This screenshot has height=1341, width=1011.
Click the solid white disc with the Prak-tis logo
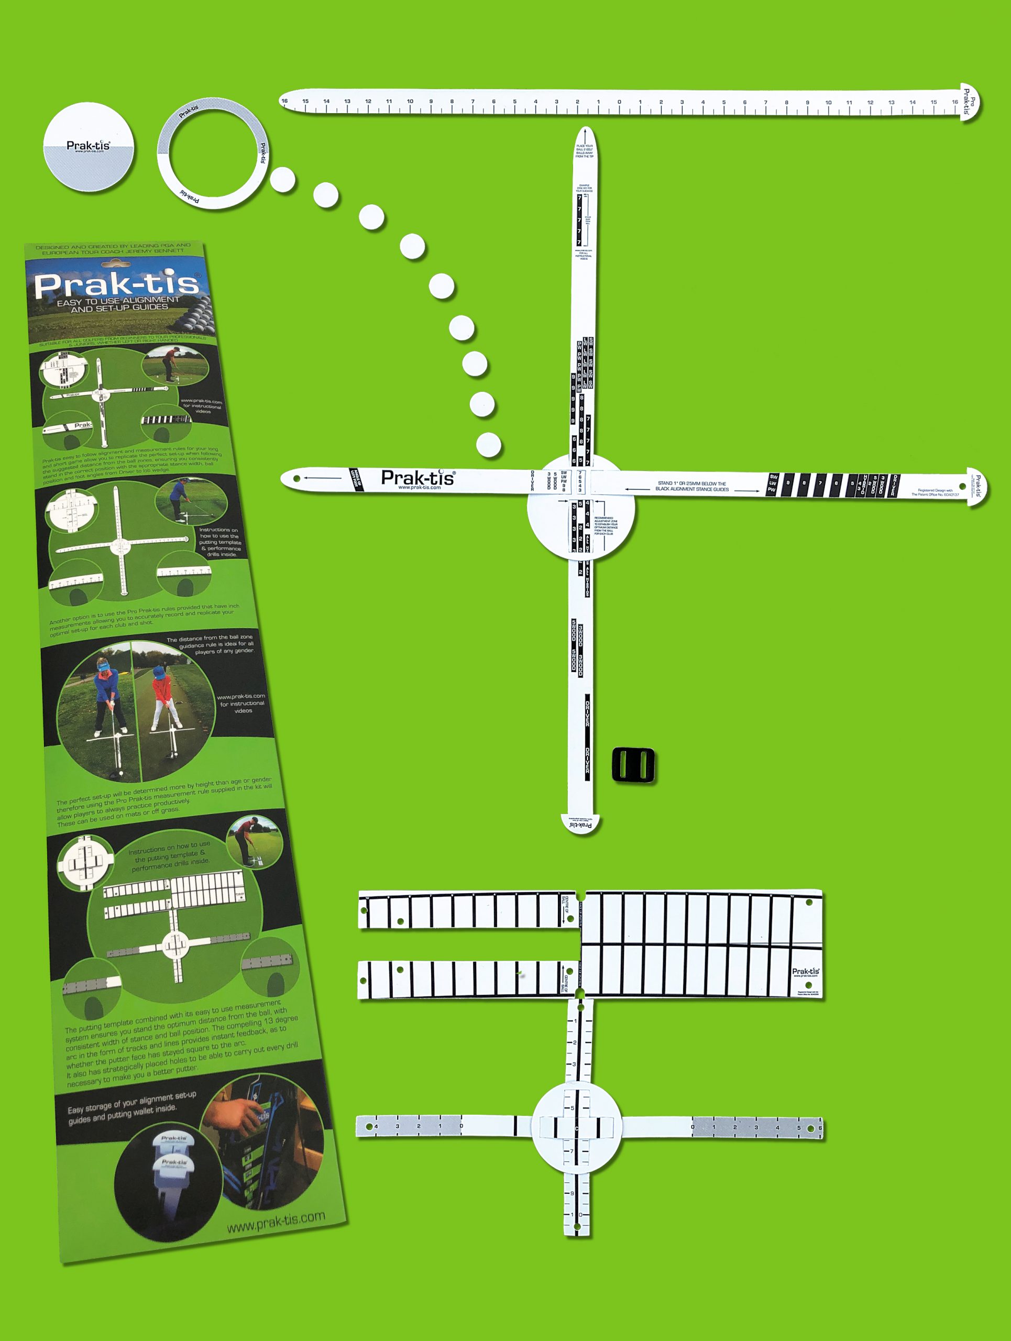(89, 147)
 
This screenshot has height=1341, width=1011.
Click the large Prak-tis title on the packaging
(116, 284)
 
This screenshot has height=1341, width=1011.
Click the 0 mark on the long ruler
(619, 103)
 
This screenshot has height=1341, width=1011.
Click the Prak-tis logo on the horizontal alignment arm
(417, 478)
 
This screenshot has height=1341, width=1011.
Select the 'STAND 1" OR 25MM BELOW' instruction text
(691, 486)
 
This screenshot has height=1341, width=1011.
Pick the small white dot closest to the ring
(282, 180)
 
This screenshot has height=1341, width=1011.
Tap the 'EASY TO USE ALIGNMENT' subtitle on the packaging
(118, 304)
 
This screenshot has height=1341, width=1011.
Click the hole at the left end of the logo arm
(296, 478)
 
